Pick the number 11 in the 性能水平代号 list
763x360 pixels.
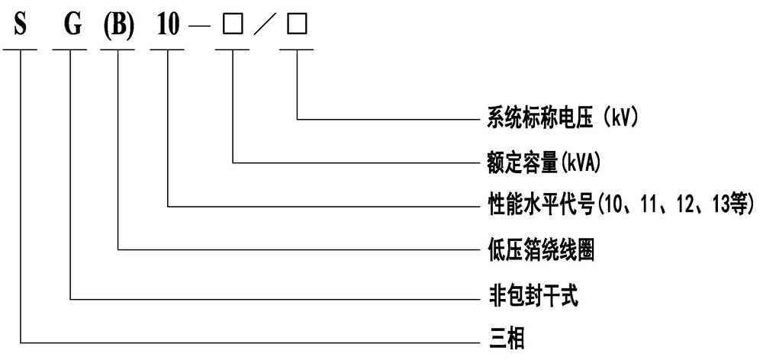[x=644, y=205]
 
